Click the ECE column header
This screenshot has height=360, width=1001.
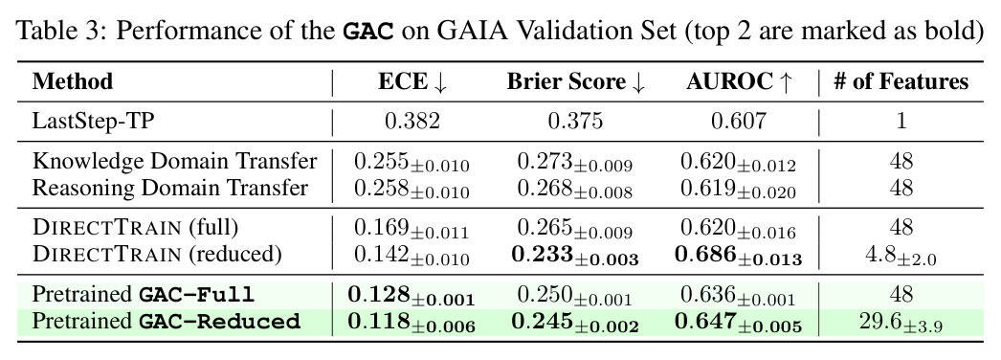(412, 81)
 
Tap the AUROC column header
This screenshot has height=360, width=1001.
(740, 81)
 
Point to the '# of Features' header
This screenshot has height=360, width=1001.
(901, 81)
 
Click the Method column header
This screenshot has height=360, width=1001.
(72, 81)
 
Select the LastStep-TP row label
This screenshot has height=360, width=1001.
(93, 121)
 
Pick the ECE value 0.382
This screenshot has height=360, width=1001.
(412, 121)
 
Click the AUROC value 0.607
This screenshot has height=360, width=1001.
(739, 121)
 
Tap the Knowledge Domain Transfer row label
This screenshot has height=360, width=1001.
(174, 162)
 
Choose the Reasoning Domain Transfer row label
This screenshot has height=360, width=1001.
(170, 189)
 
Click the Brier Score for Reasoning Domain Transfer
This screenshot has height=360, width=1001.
(575, 190)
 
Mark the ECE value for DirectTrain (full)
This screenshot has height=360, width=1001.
(412, 229)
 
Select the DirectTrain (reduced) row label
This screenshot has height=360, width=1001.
(157, 255)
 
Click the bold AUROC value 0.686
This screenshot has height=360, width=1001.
(739, 256)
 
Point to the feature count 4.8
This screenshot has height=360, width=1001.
(901, 256)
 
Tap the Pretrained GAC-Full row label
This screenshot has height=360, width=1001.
(144, 294)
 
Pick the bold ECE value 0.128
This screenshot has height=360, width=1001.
(412, 296)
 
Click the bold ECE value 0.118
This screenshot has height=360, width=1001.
(412, 323)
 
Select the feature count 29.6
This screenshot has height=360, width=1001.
(901, 323)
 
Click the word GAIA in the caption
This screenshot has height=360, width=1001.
(458, 31)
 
